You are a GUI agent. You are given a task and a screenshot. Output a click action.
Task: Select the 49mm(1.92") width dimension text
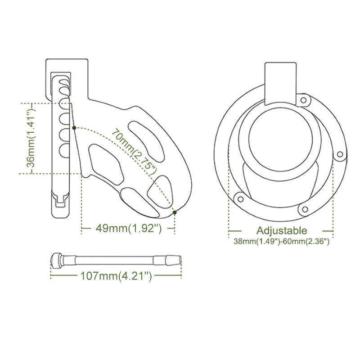(129, 229)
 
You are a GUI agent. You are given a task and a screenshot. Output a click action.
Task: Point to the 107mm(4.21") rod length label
(116, 276)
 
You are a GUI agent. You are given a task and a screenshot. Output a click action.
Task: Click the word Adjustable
(282, 231)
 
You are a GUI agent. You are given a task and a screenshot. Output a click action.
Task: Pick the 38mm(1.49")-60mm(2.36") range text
(282, 242)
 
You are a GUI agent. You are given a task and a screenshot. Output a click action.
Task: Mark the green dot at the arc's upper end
(73, 128)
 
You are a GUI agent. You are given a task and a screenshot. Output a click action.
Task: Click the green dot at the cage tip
(175, 212)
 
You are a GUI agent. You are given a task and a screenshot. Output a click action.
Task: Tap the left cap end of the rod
(56, 261)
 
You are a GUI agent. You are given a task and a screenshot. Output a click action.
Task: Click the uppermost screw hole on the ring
(304, 99)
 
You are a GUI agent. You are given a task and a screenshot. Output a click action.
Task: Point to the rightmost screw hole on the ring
(340, 154)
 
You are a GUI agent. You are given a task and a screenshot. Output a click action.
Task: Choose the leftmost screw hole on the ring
(240, 197)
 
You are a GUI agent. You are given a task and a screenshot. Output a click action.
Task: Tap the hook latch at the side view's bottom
(61, 199)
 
